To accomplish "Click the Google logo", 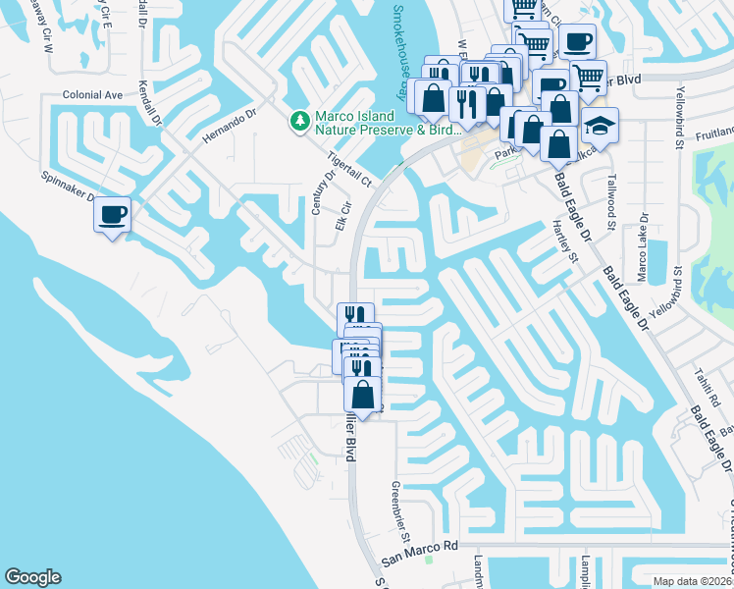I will pos(32,577).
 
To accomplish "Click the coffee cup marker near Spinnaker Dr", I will pos(113,215).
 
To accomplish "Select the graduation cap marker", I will pos(600,127).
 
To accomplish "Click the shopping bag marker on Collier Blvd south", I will pos(363,396).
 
